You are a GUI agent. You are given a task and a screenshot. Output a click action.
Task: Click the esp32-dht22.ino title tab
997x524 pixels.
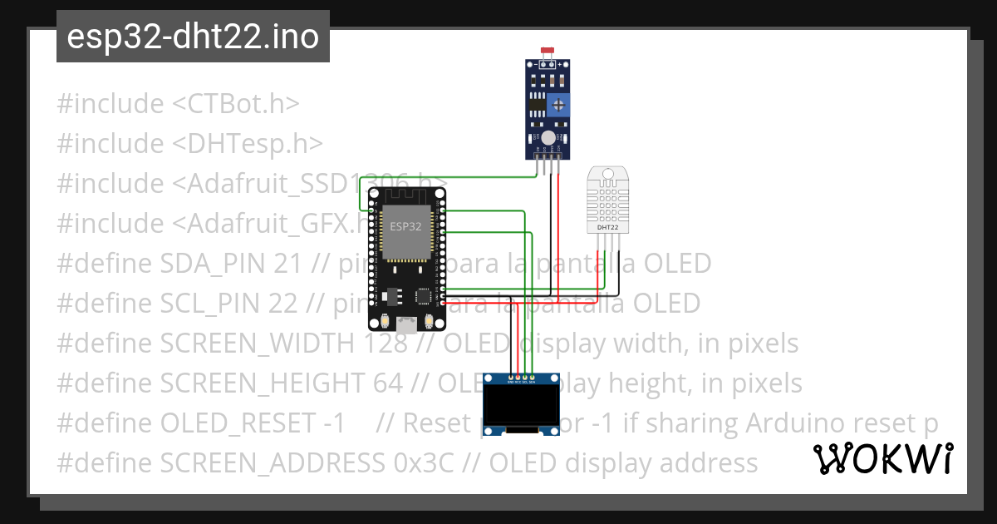pos(193,37)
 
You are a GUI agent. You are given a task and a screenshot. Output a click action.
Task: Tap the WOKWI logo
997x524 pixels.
pos(882,458)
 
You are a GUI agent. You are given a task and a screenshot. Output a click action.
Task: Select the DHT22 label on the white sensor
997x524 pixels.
pos(607,226)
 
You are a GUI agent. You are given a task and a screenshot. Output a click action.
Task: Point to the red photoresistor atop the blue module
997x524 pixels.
pos(547,52)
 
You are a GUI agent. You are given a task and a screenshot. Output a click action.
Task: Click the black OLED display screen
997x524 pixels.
pos(520,405)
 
